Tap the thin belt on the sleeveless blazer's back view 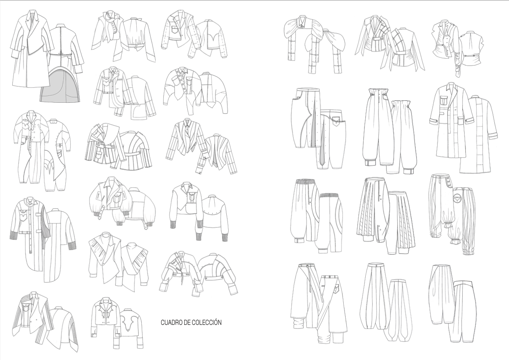pos(470,56)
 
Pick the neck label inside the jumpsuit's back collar pos(53,122)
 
